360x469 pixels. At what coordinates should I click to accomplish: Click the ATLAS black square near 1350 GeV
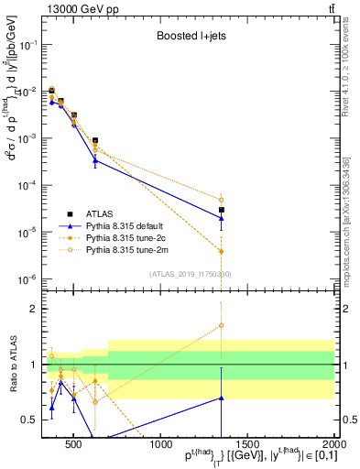point(222,210)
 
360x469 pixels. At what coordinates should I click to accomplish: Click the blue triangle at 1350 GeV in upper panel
point(222,218)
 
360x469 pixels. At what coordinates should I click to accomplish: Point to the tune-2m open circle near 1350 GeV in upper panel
point(222,200)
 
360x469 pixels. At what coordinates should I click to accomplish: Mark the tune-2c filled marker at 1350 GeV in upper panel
point(222,251)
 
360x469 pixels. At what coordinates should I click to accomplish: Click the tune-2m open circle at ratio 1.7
point(222,325)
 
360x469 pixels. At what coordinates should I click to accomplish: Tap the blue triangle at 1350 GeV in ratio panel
point(222,398)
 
